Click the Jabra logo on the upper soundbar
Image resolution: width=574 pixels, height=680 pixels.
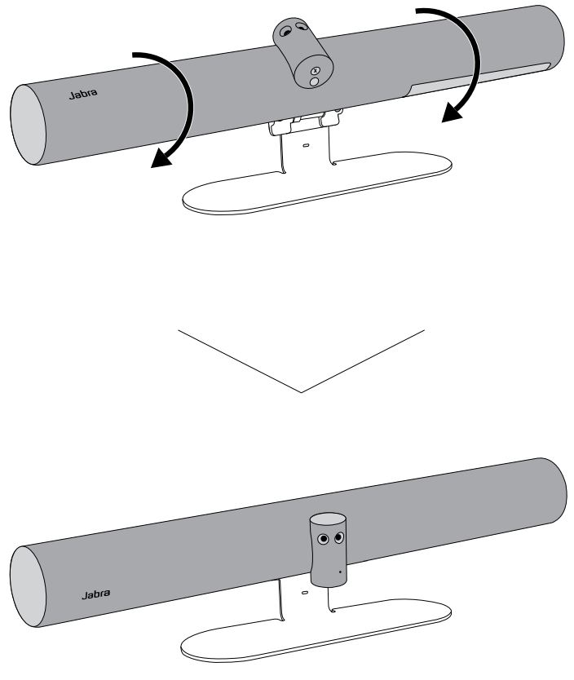[79, 95]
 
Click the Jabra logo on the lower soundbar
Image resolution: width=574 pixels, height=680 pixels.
[95, 594]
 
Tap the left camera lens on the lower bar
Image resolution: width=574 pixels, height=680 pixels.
[324, 539]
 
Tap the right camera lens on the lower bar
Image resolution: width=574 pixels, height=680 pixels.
[339, 537]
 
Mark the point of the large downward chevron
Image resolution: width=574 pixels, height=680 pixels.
[301, 391]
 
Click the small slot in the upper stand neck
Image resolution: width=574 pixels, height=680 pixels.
[305, 147]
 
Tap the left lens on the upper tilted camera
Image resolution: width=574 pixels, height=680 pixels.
[285, 32]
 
